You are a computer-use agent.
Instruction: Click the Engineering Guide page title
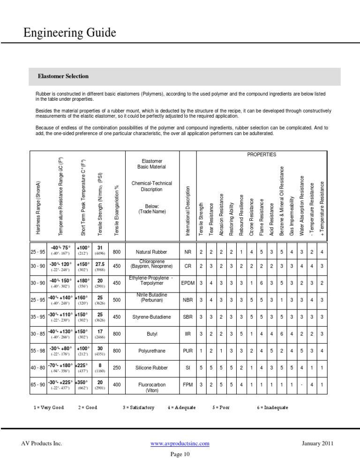tap(70, 32)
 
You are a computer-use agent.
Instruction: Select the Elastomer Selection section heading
tap(63, 76)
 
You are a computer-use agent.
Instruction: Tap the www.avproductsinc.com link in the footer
tap(180, 443)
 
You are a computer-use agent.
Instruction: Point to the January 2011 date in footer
tap(318, 443)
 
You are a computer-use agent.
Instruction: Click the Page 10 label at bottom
tap(180, 454)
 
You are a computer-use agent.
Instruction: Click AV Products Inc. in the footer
tap(42, 443)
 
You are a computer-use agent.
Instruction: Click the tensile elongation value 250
tap(117, 368)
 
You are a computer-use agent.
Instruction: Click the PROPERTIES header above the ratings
tap(261, 154)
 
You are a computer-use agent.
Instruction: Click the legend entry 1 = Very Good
tap(49, 407)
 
